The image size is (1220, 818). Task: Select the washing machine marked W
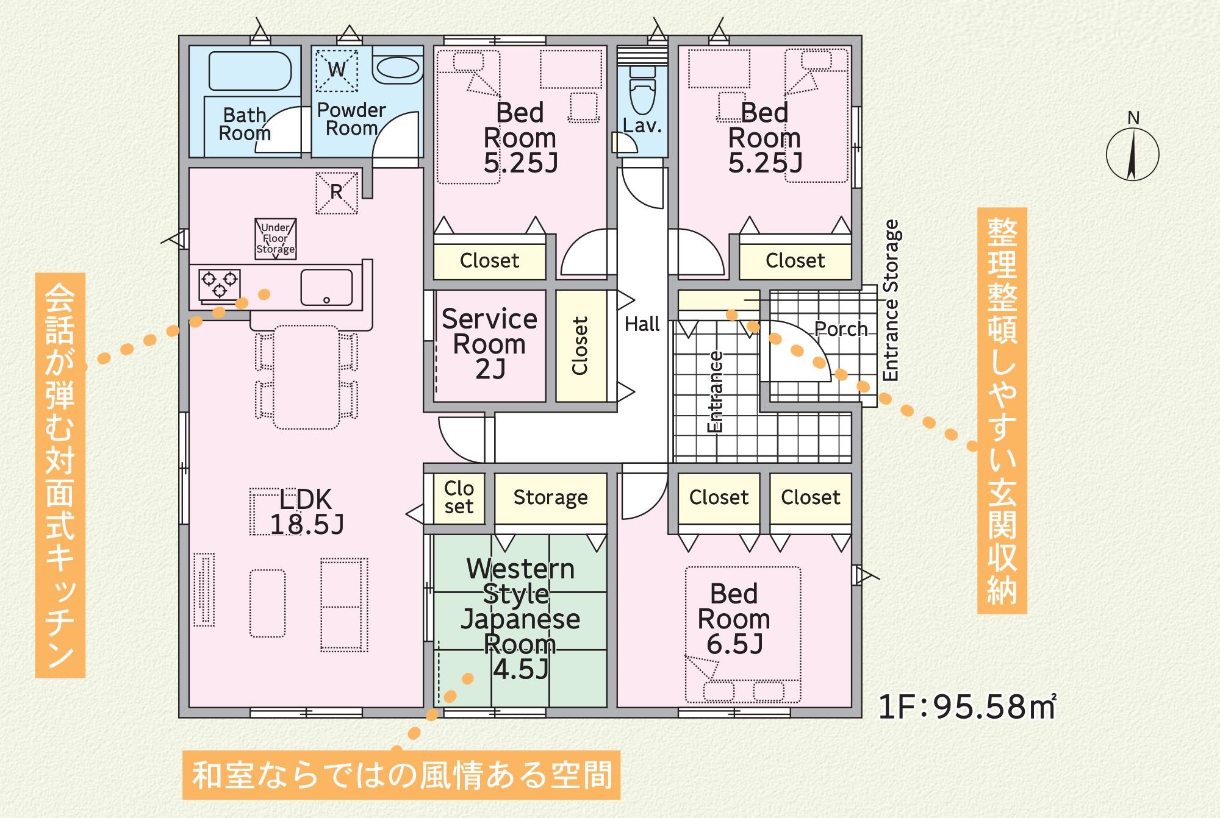tap(337, 70)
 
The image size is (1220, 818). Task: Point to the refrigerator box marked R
tap(336, 193)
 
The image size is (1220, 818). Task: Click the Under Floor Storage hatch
tap(276, 238)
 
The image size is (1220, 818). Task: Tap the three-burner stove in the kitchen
tap(219, 285)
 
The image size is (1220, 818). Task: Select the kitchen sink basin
tap(326, 287)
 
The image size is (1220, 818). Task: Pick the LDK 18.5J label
tap(306, 512)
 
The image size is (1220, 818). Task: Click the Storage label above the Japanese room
tap(550, 497)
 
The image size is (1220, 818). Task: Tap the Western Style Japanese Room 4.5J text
tap(520, 619)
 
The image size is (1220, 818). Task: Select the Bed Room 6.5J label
tap(734, 619)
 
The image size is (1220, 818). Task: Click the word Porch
tap(841, 329)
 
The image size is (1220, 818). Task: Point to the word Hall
tap(642, 324)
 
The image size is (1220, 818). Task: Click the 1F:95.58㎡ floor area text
tap(967, 706)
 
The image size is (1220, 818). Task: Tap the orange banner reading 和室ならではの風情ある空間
tap(401, 775)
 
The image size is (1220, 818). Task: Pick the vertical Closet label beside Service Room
tap(579, 346)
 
